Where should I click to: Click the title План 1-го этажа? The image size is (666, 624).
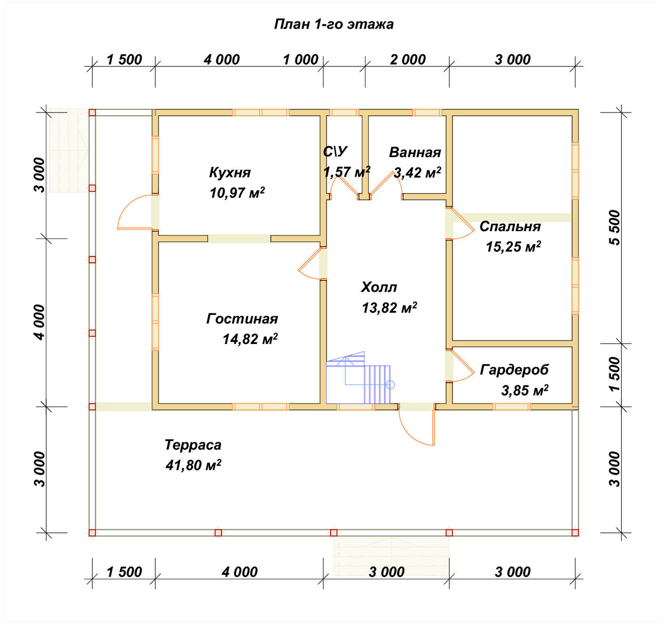coord(334,24)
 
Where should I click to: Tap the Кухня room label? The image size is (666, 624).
coord(229,172)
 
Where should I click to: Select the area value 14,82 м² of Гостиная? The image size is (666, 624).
coord(250,339)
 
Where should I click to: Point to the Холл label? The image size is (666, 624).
coord(379,287)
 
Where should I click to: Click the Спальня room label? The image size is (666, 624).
coord(510,227)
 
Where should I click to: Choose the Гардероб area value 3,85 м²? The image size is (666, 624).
coord(525,390)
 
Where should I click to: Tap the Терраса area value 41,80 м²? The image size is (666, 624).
coord(193,465)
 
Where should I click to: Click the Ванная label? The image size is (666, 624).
coord(415,152)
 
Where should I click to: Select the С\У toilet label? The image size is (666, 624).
coord(335,151)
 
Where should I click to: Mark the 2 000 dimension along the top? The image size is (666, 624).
coord(407,60)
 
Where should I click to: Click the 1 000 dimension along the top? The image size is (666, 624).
coord(300,60)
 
